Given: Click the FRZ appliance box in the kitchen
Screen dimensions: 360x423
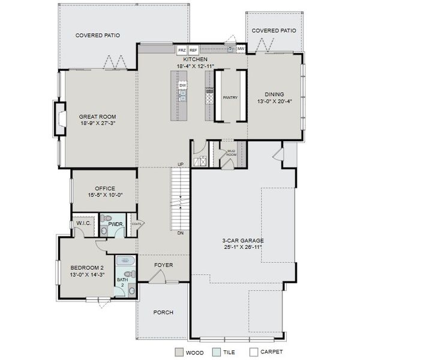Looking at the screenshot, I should [182, 50].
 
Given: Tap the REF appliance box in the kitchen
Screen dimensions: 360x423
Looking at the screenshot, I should [193, 50].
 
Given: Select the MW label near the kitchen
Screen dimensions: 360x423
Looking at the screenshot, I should [241, 49].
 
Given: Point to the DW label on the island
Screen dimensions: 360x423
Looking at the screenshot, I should [183, 85].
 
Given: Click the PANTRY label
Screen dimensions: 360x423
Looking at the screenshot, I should [230, 97].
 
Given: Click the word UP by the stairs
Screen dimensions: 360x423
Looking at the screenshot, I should [180, 165].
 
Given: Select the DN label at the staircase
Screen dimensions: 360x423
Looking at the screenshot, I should [180, 233].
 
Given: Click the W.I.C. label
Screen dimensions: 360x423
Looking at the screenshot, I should [83, 224].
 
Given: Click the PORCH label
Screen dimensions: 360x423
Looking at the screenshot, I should [163, 312].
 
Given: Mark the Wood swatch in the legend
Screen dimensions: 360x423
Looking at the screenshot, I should [179, 352].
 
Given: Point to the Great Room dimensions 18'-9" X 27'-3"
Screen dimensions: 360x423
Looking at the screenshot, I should [97, 123].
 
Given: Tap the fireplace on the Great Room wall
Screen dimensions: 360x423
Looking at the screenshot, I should [60, 116].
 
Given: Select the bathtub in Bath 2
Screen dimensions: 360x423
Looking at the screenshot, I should [125, 261].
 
